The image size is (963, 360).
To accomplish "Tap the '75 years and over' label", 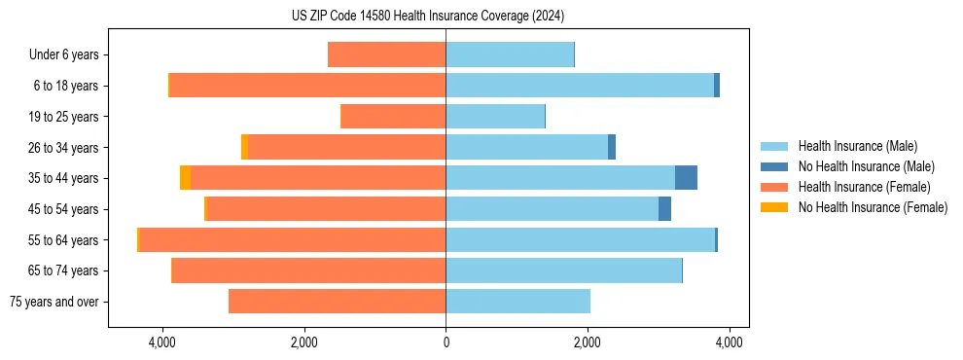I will tap(54, 302).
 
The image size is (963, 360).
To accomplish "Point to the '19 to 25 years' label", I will tap(65, 117).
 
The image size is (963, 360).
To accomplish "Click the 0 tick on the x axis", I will tap(446, 342).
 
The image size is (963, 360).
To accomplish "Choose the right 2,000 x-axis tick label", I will tap(588, 342).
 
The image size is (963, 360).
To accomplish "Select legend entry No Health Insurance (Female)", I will tap(873, 207).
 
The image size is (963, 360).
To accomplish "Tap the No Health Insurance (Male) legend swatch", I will tap(774, 166).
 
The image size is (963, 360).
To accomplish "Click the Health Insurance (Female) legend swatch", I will tap(774, 187).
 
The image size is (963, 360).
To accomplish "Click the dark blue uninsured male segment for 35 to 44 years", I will tap(686, 178).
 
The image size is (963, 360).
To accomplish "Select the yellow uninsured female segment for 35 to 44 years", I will tap(185, 178).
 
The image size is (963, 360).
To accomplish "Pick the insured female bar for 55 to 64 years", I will tap(292, 239).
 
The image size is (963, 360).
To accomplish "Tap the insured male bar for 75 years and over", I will tap(517, 302).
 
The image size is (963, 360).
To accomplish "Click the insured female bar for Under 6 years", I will tap(386, 55).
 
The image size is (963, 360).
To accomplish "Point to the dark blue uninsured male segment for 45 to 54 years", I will tap(664, 209).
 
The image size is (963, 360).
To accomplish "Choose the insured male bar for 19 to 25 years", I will tap(495, 117).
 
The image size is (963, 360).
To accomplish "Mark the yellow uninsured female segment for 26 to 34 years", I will tap(244, 148).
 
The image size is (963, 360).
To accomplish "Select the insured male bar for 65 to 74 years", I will tap(563, 270).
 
